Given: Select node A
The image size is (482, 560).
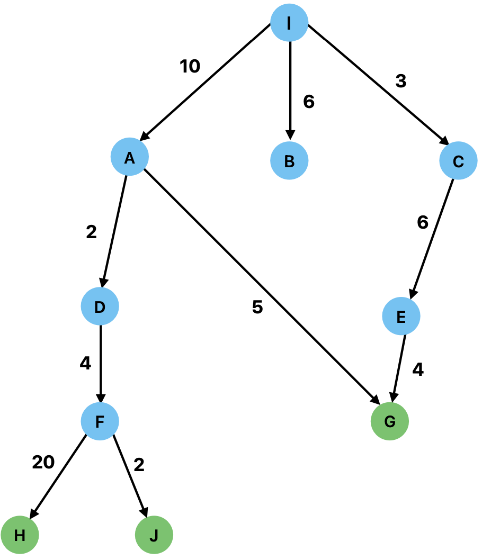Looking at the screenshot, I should (x=129, y=157).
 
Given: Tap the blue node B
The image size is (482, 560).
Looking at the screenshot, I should (x=289, y=161).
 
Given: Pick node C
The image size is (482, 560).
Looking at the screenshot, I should (x=458, y=161).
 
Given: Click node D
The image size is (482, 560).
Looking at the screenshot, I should (x=100, y=306).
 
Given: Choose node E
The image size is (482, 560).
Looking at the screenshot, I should (x=401, y=317).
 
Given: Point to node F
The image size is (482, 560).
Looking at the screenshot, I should (x=100, y=421).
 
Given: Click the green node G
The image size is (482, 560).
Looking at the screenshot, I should (x=389, y=421).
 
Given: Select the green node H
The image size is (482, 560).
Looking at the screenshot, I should (x=20, y=536).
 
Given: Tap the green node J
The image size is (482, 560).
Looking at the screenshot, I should (x=154, y=536).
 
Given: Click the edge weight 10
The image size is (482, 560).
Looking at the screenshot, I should (x=190, y=67).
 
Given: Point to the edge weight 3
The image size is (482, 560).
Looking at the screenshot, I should (x=400, y=81).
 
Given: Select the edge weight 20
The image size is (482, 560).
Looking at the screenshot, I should (x=43, y=463).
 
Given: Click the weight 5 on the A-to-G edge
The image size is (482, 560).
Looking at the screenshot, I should (x=257, y=308).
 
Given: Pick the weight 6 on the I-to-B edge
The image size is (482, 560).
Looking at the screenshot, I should (x=309, y=102).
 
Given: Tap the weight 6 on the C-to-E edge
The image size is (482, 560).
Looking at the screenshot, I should (x=422, y=223).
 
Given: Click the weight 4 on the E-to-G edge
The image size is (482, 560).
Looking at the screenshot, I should (x=418, y=370).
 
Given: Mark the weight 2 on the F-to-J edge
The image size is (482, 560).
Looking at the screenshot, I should (x=139, y=465).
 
